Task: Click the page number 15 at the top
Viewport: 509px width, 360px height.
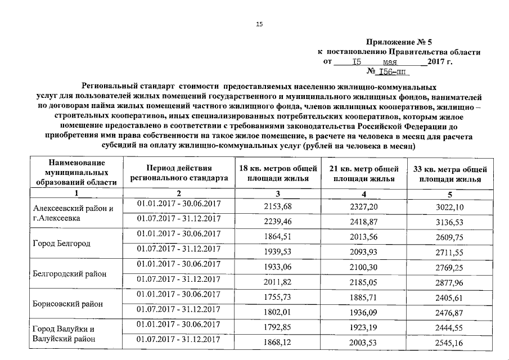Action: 259,24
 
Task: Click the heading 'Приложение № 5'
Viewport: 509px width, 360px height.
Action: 399,42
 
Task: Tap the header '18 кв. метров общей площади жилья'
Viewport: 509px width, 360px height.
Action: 277,174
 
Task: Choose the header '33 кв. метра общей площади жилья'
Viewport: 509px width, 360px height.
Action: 450,174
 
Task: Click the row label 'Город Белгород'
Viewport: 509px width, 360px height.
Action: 62,244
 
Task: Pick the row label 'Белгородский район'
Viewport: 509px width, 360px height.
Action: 70,273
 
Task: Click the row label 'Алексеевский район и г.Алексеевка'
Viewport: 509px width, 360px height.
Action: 74,213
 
